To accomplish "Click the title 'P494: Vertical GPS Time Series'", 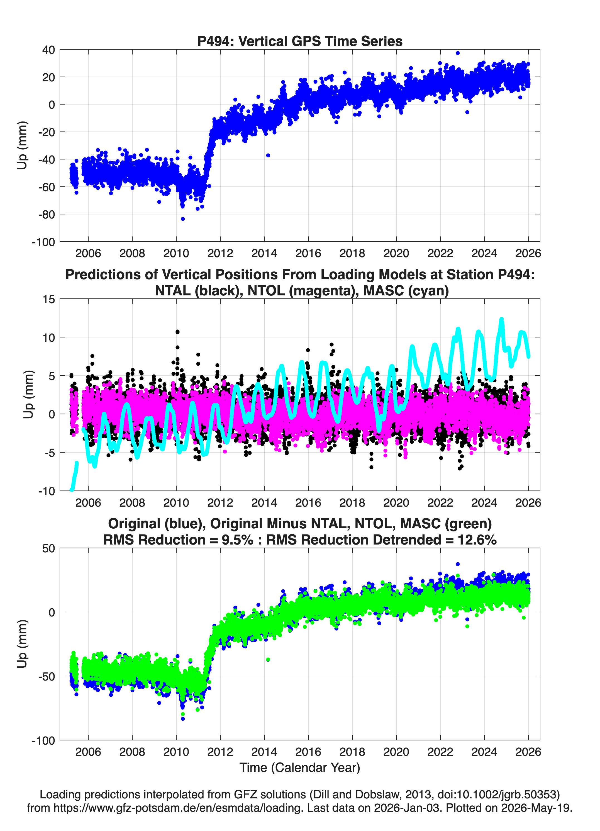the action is pos(300,41).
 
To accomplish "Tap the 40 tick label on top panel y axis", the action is pos(48,50).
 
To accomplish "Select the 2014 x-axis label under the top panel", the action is pos(264,253).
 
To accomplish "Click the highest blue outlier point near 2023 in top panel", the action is pos(457,53).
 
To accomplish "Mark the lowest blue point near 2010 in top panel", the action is pos(183,219).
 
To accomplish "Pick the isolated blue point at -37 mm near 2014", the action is pos(268,155).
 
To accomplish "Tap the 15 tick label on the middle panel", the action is pos(48,299).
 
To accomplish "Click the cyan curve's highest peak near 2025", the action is pos(501,320).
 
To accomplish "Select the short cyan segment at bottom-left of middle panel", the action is pos(74,476).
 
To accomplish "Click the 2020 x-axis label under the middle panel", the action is pos(396,503).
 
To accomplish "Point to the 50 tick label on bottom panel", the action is pos(48,548).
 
